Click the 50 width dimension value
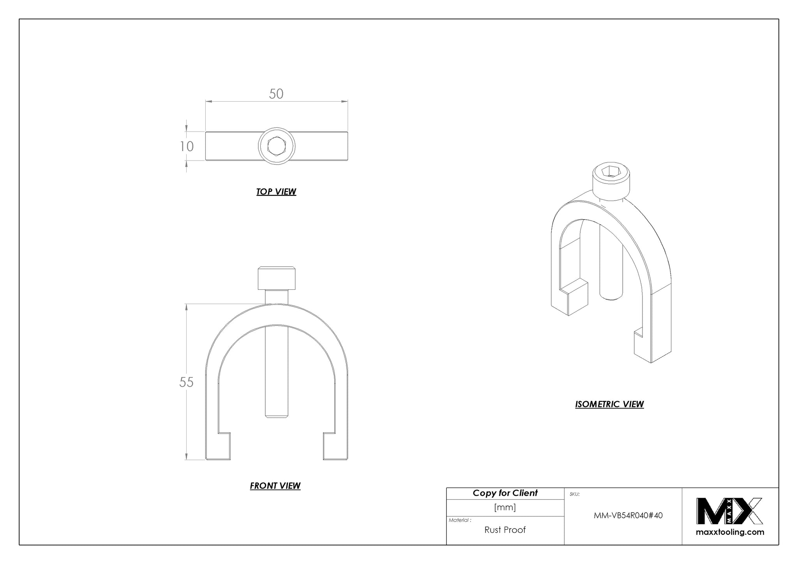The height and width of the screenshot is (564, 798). pos(276,94)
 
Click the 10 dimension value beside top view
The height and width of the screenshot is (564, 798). pos(187,146)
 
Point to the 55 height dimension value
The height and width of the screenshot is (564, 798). pos(186,382)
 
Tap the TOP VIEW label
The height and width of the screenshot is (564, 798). pos(276,192)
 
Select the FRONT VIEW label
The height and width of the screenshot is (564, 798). pos(275,486)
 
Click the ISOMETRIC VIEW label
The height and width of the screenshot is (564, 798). pos(609,404)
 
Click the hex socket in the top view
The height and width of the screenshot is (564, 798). pos(276,146)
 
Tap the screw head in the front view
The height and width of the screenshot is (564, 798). pos(276,278)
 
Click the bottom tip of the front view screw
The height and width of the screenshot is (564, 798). pos(276,418)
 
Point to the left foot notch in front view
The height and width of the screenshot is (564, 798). pos(224,438)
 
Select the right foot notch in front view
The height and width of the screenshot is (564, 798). pos(329,438)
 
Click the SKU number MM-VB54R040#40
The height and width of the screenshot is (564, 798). pos(628,516)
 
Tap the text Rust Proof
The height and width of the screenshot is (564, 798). pos(505,530)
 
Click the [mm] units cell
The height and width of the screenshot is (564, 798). pos(505,507)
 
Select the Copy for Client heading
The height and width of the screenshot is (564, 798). pos(505,493)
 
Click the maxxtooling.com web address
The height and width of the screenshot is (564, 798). pos(730,532)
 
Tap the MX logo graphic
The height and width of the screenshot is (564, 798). pos(729,511)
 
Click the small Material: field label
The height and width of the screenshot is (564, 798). pos(460,520)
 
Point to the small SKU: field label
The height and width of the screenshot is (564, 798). pos(574,494)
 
